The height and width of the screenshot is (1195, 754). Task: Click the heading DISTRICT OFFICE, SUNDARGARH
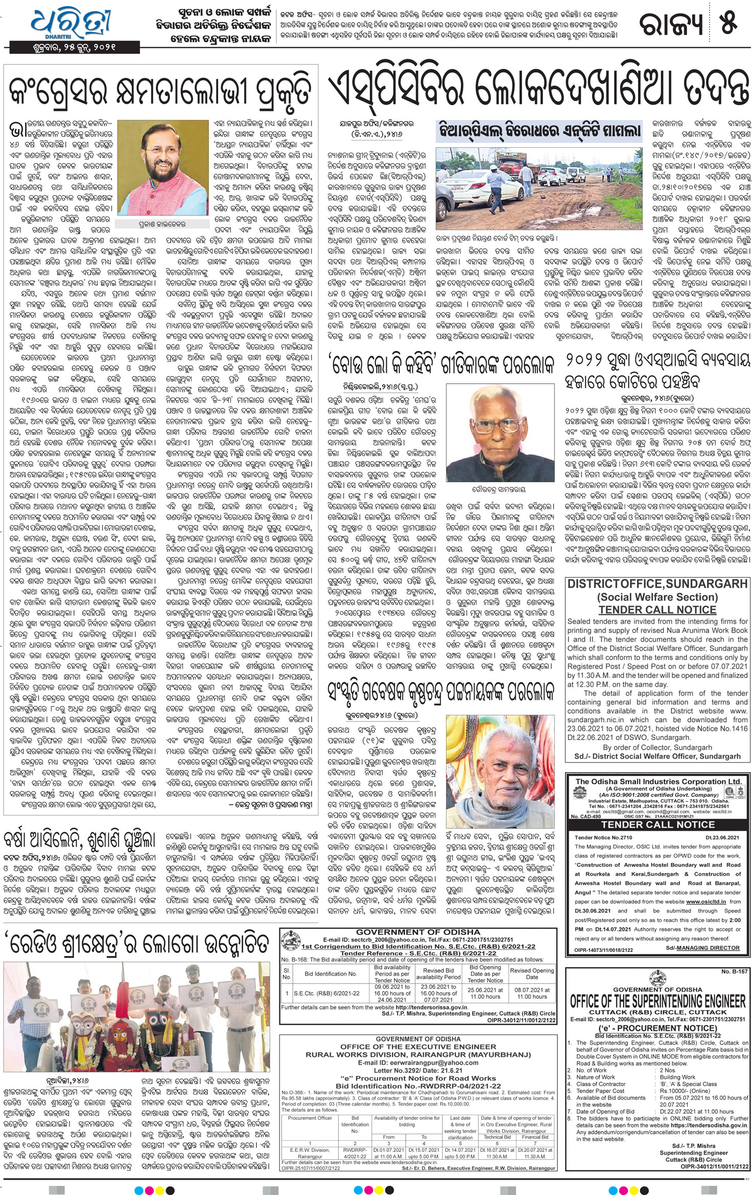[657, 584]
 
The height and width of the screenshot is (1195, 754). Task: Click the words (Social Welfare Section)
[657, 597]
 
